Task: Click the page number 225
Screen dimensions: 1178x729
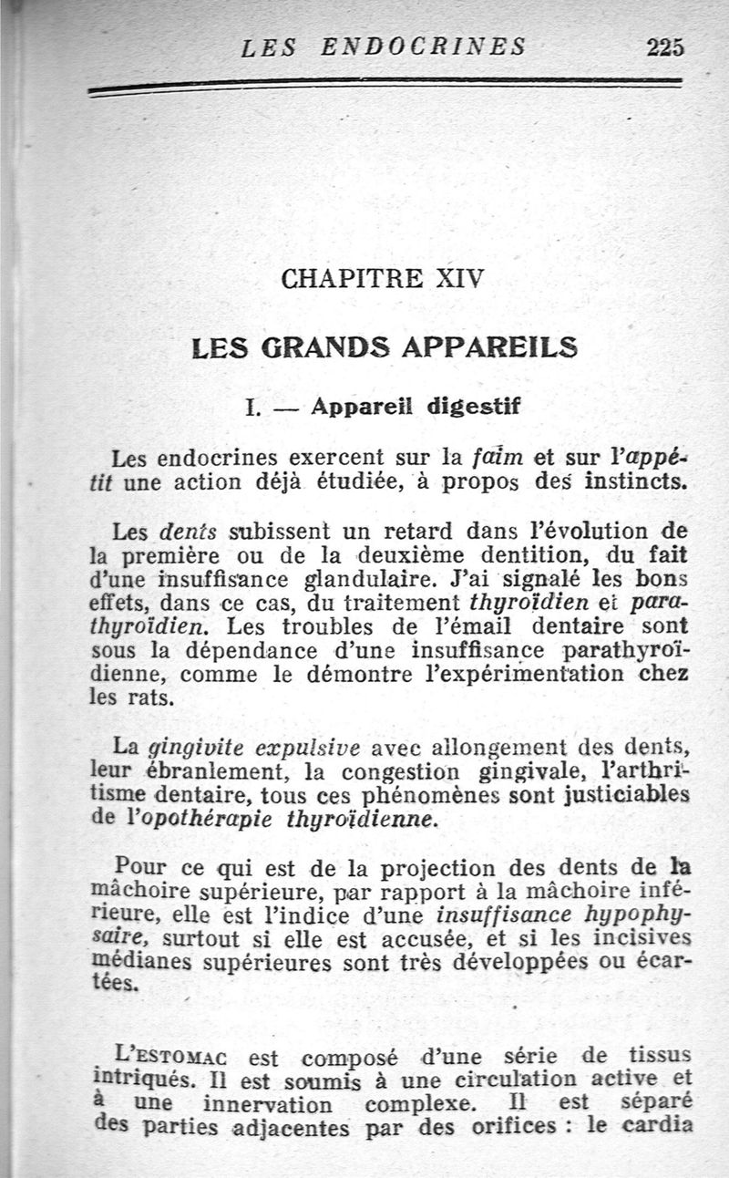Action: [664, 46]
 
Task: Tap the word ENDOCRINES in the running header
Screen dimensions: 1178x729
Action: [424, 46]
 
